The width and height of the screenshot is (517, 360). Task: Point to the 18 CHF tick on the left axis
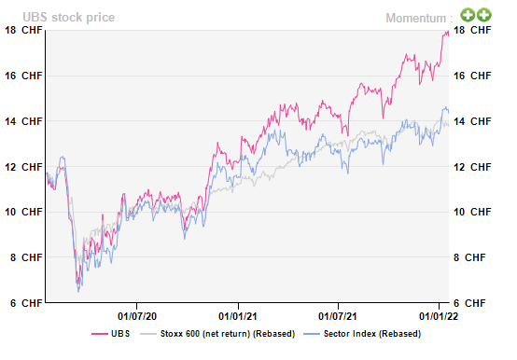point(22,30)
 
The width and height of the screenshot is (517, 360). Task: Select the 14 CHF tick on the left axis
point(22,121)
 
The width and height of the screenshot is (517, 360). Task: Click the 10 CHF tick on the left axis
point(22,212)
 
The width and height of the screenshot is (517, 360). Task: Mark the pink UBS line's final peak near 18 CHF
point(446,32)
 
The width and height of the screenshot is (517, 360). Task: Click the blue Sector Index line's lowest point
point(78,291)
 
